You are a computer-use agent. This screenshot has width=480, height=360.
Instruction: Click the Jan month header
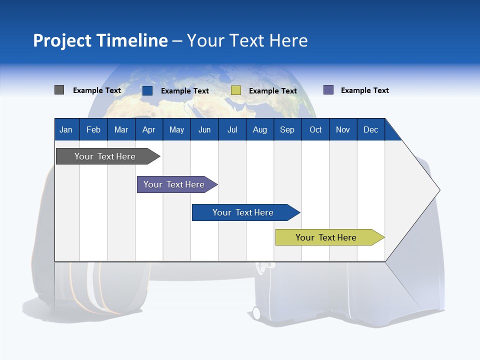pos(66,129)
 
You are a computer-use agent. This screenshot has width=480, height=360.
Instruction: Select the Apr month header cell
pos(148,129)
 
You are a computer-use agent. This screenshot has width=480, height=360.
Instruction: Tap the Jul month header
pos(232,129)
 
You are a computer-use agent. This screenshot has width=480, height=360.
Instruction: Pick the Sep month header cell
pos(287,129)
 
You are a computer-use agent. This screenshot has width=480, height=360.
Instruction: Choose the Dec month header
pos(370,129)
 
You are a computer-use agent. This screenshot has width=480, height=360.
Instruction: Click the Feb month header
pos(93,129)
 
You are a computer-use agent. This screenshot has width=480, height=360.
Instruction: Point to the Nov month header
pos(343,129)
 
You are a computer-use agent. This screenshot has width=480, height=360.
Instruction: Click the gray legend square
pos(59,90)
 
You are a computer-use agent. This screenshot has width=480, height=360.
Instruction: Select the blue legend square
pos(147,90)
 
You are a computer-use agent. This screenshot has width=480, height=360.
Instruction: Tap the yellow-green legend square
pos(236,90)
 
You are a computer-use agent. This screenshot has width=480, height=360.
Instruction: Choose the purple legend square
pos(328,90)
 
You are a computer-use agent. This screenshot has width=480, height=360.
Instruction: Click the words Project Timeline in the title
pos(100,40)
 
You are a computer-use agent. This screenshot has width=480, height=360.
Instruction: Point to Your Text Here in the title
pos(247,40)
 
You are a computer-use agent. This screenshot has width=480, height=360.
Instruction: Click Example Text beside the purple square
pos(364,90)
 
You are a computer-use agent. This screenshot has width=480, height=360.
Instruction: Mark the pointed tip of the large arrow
pos(439,190)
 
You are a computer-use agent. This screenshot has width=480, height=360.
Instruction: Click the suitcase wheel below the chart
pos(256,313)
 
